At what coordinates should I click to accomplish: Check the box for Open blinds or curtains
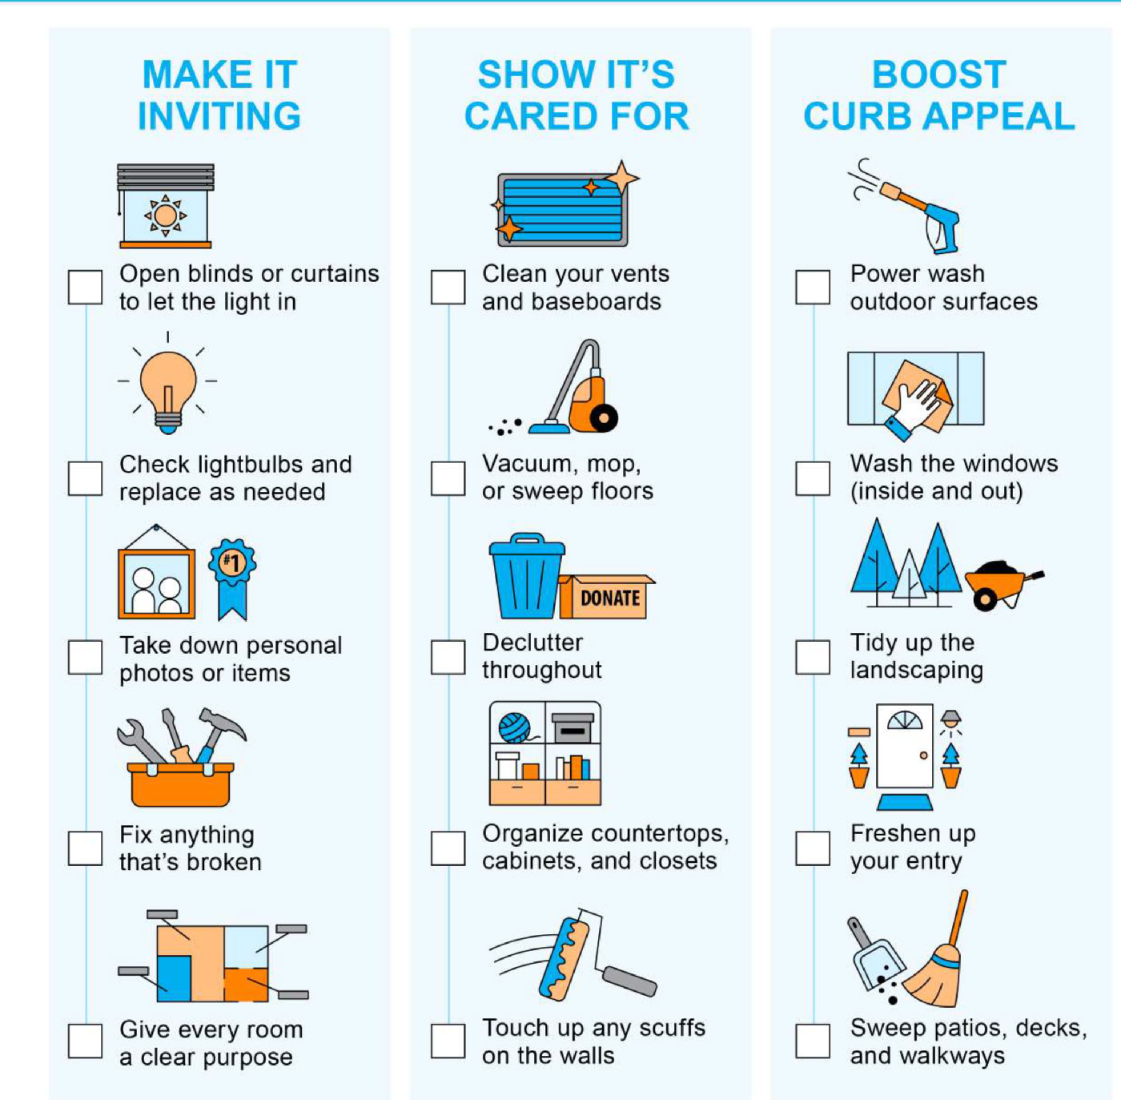[85, 287]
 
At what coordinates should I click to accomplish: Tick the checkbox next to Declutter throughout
[448, 658]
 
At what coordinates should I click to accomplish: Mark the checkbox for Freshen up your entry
[813, 848]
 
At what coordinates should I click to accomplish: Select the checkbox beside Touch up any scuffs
[448, 1041]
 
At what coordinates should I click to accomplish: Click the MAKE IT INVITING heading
[219, 95]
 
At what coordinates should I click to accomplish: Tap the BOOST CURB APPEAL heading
[939, 95]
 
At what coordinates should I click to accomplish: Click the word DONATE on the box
[610, 598]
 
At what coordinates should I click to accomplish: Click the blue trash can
[526, 575]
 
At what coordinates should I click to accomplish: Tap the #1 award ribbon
[233, 578]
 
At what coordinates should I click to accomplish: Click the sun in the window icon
[166, 216]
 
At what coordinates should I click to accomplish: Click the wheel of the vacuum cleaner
[604, 417]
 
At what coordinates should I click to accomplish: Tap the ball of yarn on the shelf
[515, 727]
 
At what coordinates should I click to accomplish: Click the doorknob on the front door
[923, 755]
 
